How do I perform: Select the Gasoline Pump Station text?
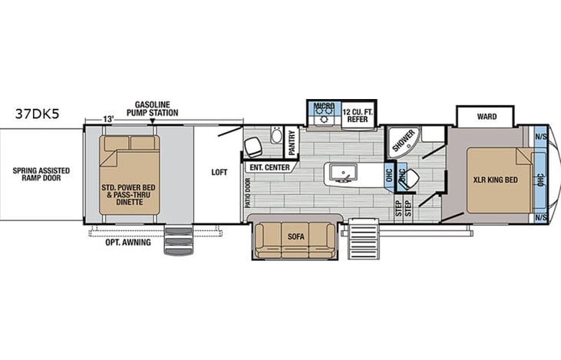click(x=156, y=108)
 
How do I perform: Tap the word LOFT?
click(x=219, y=173)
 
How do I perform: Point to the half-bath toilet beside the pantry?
click(x=275, y=137)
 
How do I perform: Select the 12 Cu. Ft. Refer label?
click(x=357, y=113)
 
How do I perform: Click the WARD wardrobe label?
click(x=487, y=117)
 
